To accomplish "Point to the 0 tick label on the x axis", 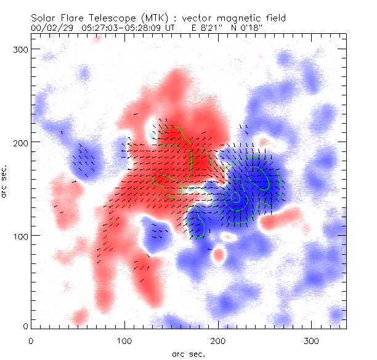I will click(x=31, y=340).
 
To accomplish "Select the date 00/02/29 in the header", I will click(x=50, y=28).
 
